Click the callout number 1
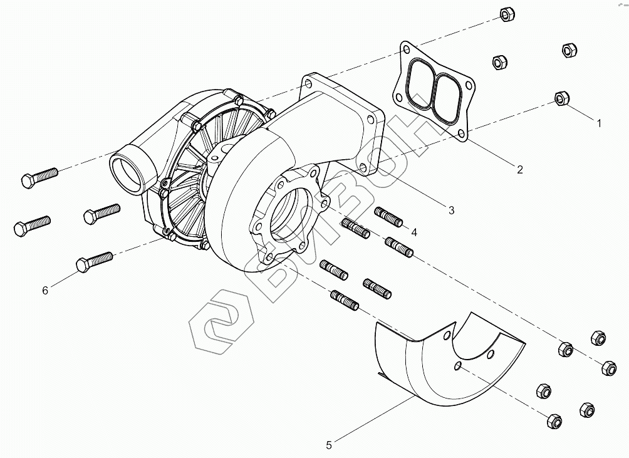pyautogui.click(x=599, y=123)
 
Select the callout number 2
pyautogui.click(x=519, y=169)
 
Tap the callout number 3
pyautogui.click(x=451, y=210)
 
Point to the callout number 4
pyautogui.click(x=413, y=232)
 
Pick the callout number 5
pyautogui.click(x=328, y=445)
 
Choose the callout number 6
pyautogui.click(x=44, y=290)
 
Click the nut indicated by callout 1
pyautogui.click(x=561, y=98)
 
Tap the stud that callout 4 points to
pyautogui.click(x=388, y=217)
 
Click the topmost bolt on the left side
pyautogui.click(x=39, y=177)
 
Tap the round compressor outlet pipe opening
pyautogui.click(x=129, y=171)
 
